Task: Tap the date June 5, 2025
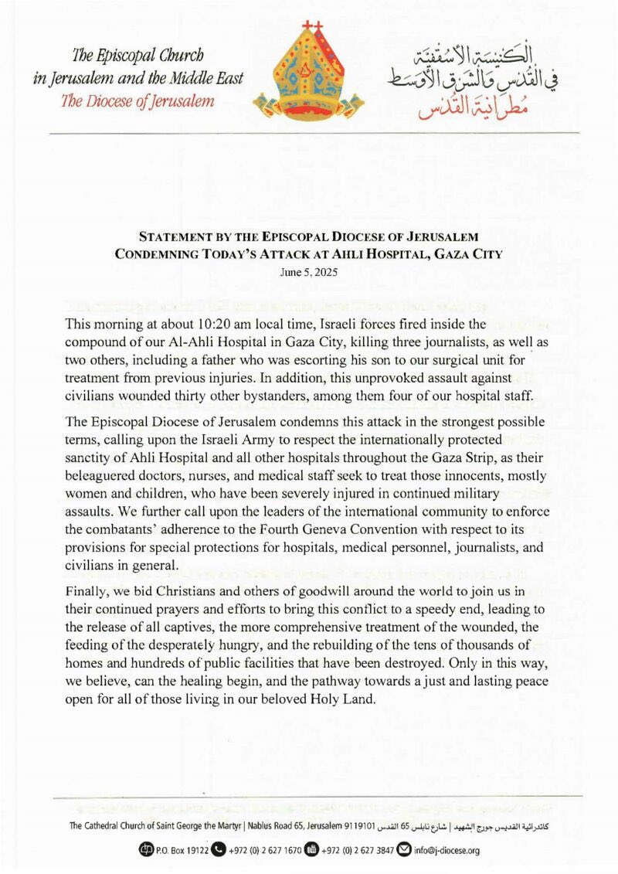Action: [x=308, y=272]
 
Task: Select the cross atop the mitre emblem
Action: [x=313, y=26]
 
